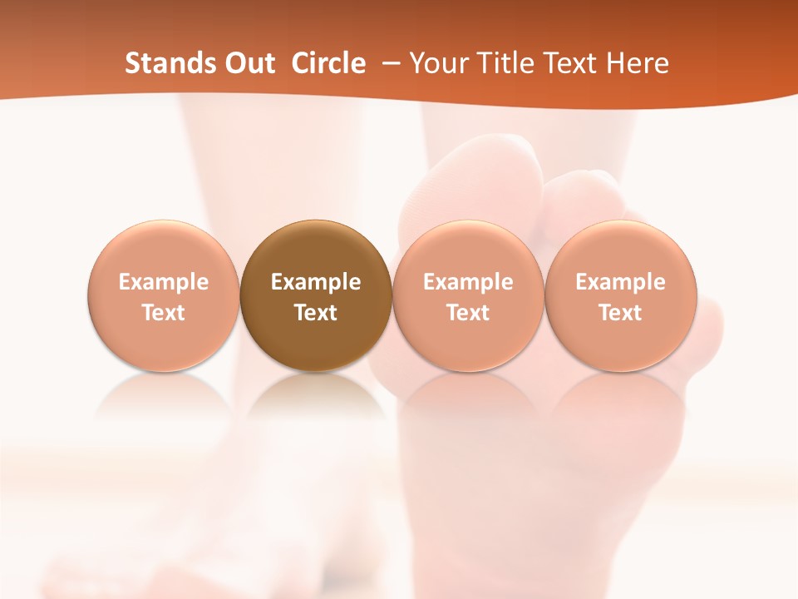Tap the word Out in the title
247,63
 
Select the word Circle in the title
328,63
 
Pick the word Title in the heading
501,63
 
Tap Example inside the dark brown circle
316,282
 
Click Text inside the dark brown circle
316,313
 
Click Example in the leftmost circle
163,282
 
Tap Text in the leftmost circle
163,313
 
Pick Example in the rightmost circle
621,282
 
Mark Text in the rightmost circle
621,313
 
